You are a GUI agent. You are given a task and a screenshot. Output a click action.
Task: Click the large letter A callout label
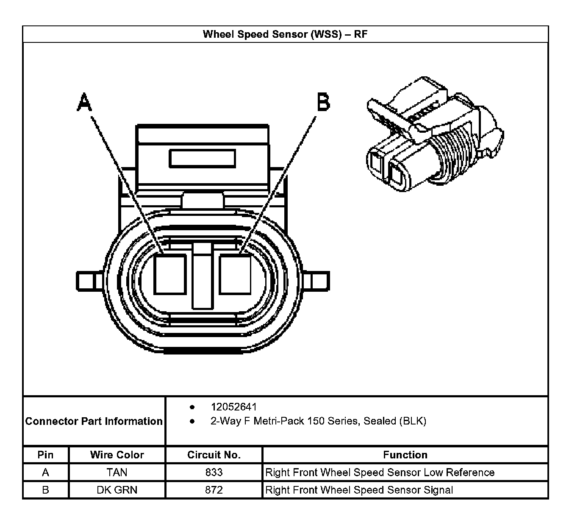[x=84, y=102]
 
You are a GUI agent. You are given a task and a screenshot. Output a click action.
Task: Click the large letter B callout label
[x=323, y=102]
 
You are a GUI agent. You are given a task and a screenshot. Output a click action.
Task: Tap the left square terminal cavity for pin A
[x=169, y=274]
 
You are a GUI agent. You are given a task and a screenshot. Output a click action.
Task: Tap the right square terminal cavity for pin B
[x=235, y=274]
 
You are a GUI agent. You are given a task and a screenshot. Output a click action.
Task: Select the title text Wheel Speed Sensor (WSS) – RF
[x=285, y=34]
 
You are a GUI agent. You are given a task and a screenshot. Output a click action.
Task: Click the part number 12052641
[x=233, y=407]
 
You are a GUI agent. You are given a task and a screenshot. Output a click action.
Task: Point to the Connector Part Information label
[x=94, y=421]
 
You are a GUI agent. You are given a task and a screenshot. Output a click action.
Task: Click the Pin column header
[x=45, y=455]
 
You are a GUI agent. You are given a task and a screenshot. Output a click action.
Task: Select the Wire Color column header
[x=117, y=455]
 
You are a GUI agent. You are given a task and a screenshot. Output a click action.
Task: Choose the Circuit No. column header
[x=214, y=455]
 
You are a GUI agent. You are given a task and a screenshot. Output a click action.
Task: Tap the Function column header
[x=405, y=455]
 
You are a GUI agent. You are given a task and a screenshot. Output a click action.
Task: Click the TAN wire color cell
[x=117, y=472]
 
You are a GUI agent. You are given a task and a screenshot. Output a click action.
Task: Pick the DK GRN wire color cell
[x=117, y=490]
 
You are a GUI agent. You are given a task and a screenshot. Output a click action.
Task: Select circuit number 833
[x=214, y=472]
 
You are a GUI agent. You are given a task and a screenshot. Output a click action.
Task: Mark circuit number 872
[x=214, y=490]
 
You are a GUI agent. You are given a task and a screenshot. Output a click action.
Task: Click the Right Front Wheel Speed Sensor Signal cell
[x=359, y=490]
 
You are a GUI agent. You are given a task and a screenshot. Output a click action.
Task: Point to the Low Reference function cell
[x=380, y=472]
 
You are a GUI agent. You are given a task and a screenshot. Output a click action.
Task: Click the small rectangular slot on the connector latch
[x=202, y=159]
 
